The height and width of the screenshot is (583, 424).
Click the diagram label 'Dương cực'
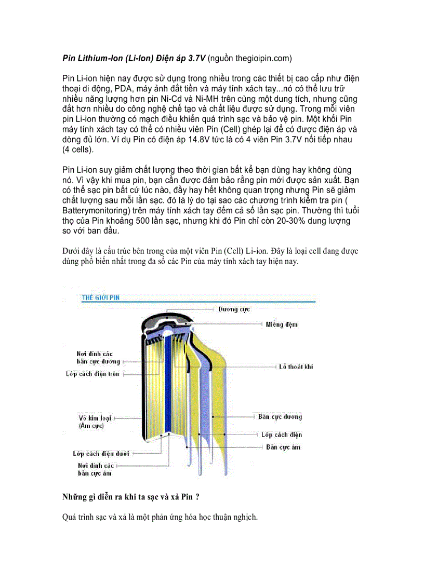tap(234, 309)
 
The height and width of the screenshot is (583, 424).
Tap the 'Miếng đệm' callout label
tap(282, 324)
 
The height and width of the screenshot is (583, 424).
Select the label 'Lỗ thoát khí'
tap(296, 367)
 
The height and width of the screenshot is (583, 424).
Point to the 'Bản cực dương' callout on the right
tap(280, 417)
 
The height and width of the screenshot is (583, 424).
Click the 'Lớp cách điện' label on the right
tap(281, 435)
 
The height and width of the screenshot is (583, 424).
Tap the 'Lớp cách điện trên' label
tap(92, 374)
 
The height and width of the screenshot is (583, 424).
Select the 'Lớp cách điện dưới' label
tap(101, 454)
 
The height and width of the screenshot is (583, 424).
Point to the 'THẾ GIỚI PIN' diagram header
tap(101, 298)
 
